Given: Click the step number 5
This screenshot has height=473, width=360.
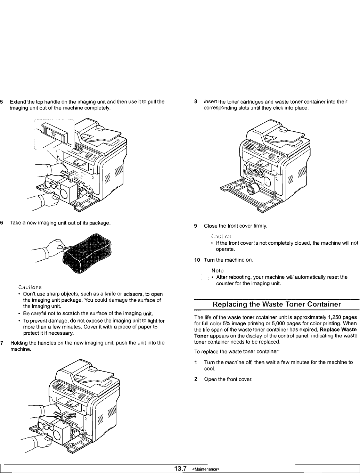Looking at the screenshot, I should tap(2, 102).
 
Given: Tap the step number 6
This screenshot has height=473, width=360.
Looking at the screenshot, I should tap(2, 222).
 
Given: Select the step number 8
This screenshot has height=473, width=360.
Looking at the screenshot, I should tap(196, 102).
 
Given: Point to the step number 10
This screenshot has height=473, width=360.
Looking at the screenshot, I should tap(197, 260).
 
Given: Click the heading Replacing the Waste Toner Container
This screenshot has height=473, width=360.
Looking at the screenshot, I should tap(277, 304).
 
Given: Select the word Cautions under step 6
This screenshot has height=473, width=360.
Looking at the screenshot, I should tap(30, 287).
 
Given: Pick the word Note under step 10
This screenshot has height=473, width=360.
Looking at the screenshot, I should tap(217, 270).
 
